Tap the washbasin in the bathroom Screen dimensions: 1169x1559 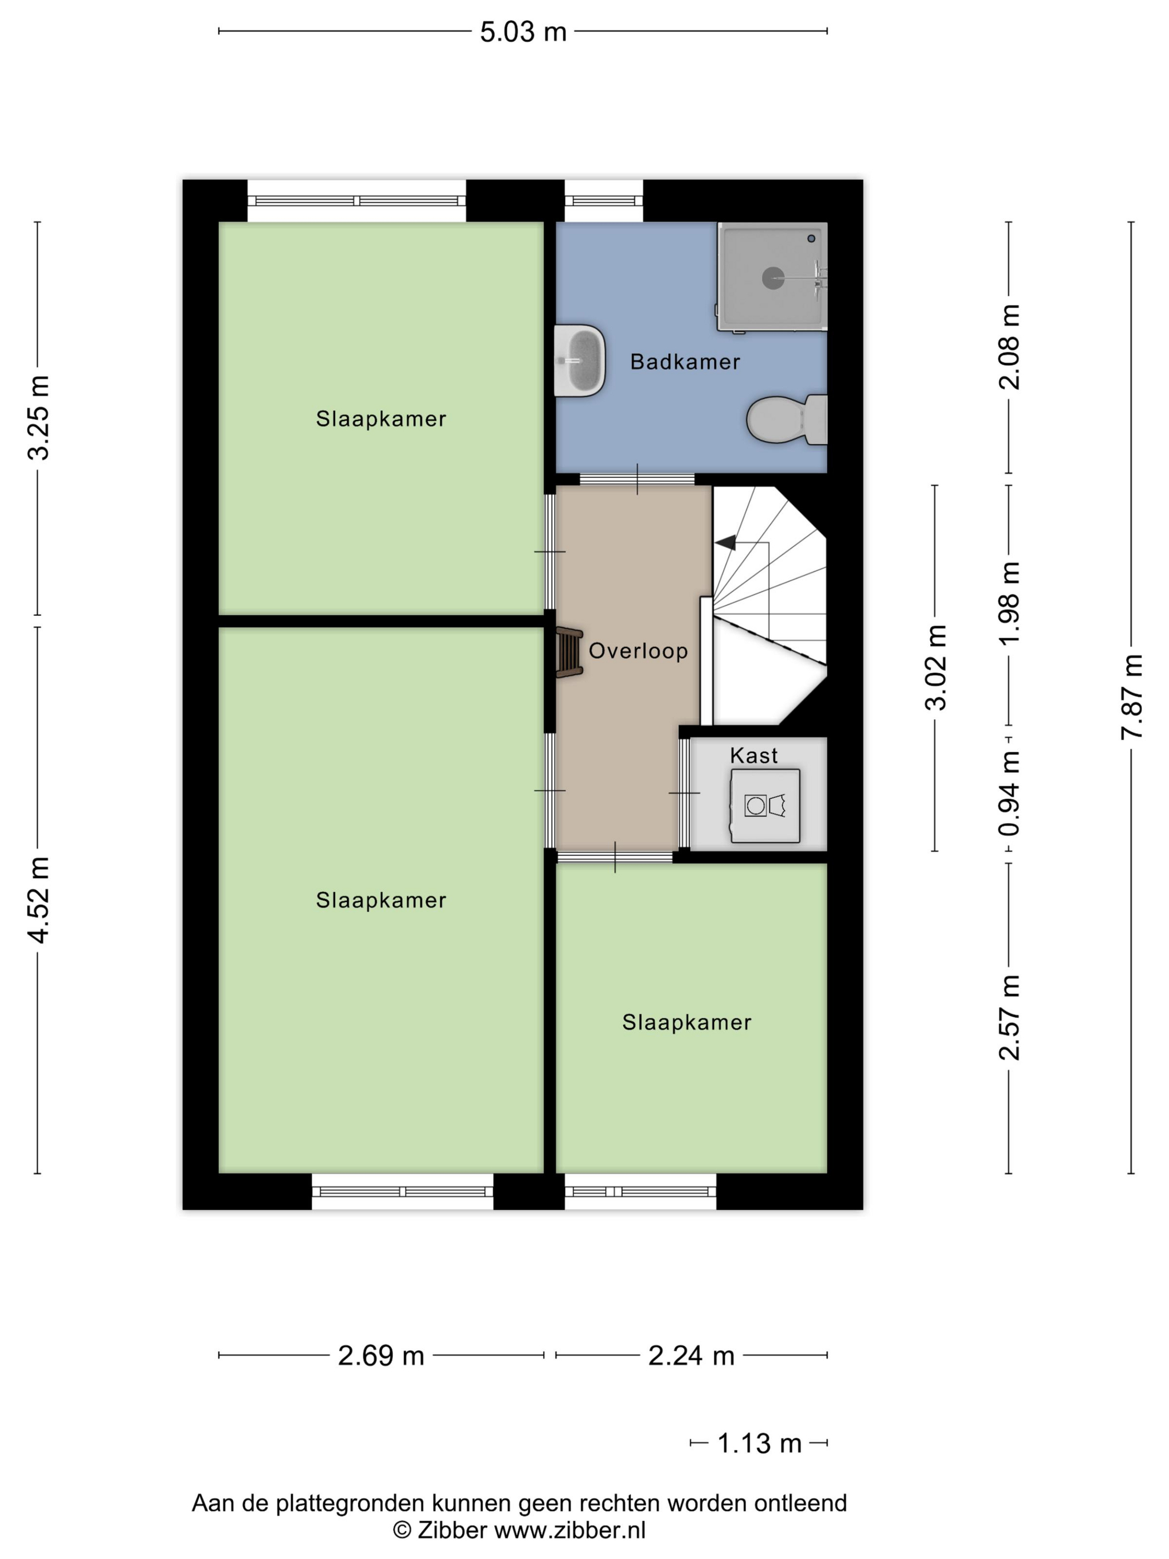tap(579, 360)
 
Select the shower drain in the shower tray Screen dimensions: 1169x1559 tap(773, 278)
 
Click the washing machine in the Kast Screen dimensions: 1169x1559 tap(765, 806)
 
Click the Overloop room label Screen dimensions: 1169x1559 tap(638, 650)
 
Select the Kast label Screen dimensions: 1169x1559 tap(754, 756)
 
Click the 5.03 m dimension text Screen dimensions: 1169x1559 tap(523, 32)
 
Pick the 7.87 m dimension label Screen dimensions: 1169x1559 tap(1132, 697)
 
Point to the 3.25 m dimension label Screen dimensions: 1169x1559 tap(38, 418)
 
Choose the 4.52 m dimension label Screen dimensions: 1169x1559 tap(38, 900)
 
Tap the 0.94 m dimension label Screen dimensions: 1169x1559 tap(1009, 793)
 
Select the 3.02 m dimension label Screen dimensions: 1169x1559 tap(936, 668)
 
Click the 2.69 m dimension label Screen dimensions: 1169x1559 tap(381, 1355)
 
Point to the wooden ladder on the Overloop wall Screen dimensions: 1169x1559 tap(569, 653)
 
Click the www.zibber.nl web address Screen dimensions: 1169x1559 tap(569, 1530)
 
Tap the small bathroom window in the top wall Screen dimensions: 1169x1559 tap(604, 201)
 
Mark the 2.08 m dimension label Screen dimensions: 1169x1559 tap(1009, 347)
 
